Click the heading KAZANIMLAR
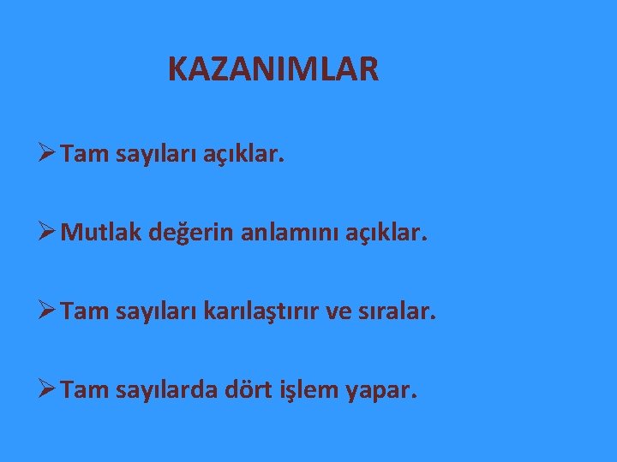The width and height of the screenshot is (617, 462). pyautogui.click(x=273, y=69)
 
